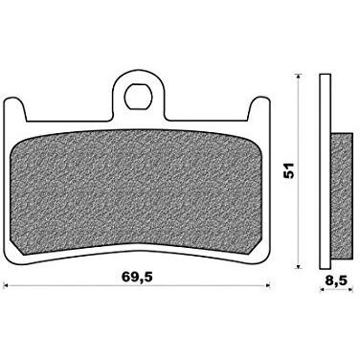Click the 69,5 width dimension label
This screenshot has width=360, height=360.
[138, 277]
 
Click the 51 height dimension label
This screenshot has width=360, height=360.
[288, 170]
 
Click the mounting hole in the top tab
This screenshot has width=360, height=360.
[138, 96]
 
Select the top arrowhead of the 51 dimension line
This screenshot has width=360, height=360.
[298, 77]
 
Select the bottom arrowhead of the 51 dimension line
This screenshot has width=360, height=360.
[298, 265]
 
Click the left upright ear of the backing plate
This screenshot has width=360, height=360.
[15, 109]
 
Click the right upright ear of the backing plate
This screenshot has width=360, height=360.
[259, 109]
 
